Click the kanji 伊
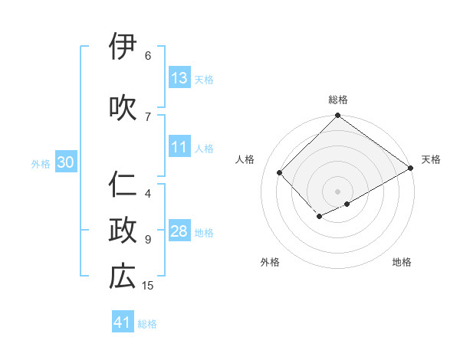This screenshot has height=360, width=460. coord(123,47)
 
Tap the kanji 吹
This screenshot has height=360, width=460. coord(123,107)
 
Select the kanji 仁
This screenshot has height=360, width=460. coord(123,185)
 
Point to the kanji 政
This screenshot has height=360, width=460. coord(123,231)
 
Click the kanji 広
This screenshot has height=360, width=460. coord(123,277)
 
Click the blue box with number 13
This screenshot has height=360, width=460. coord(179,78)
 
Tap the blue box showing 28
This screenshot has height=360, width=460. coord(179,232)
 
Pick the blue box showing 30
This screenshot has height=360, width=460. coord(65,162)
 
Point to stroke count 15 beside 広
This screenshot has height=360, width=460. coord(148,286)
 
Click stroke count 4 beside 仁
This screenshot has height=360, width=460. coord(148,193)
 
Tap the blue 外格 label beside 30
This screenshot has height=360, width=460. coord(41,163)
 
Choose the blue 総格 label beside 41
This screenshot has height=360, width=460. coord(147,324)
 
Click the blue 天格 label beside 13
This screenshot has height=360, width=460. coord(203,79)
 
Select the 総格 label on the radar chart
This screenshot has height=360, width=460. coord(337,100)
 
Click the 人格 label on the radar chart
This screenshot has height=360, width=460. coord(245,159)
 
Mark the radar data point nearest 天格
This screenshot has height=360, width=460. coord(411,169)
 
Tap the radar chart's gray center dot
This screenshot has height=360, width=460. coord(337,191)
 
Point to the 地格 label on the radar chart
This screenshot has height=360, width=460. coord(402,262)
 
